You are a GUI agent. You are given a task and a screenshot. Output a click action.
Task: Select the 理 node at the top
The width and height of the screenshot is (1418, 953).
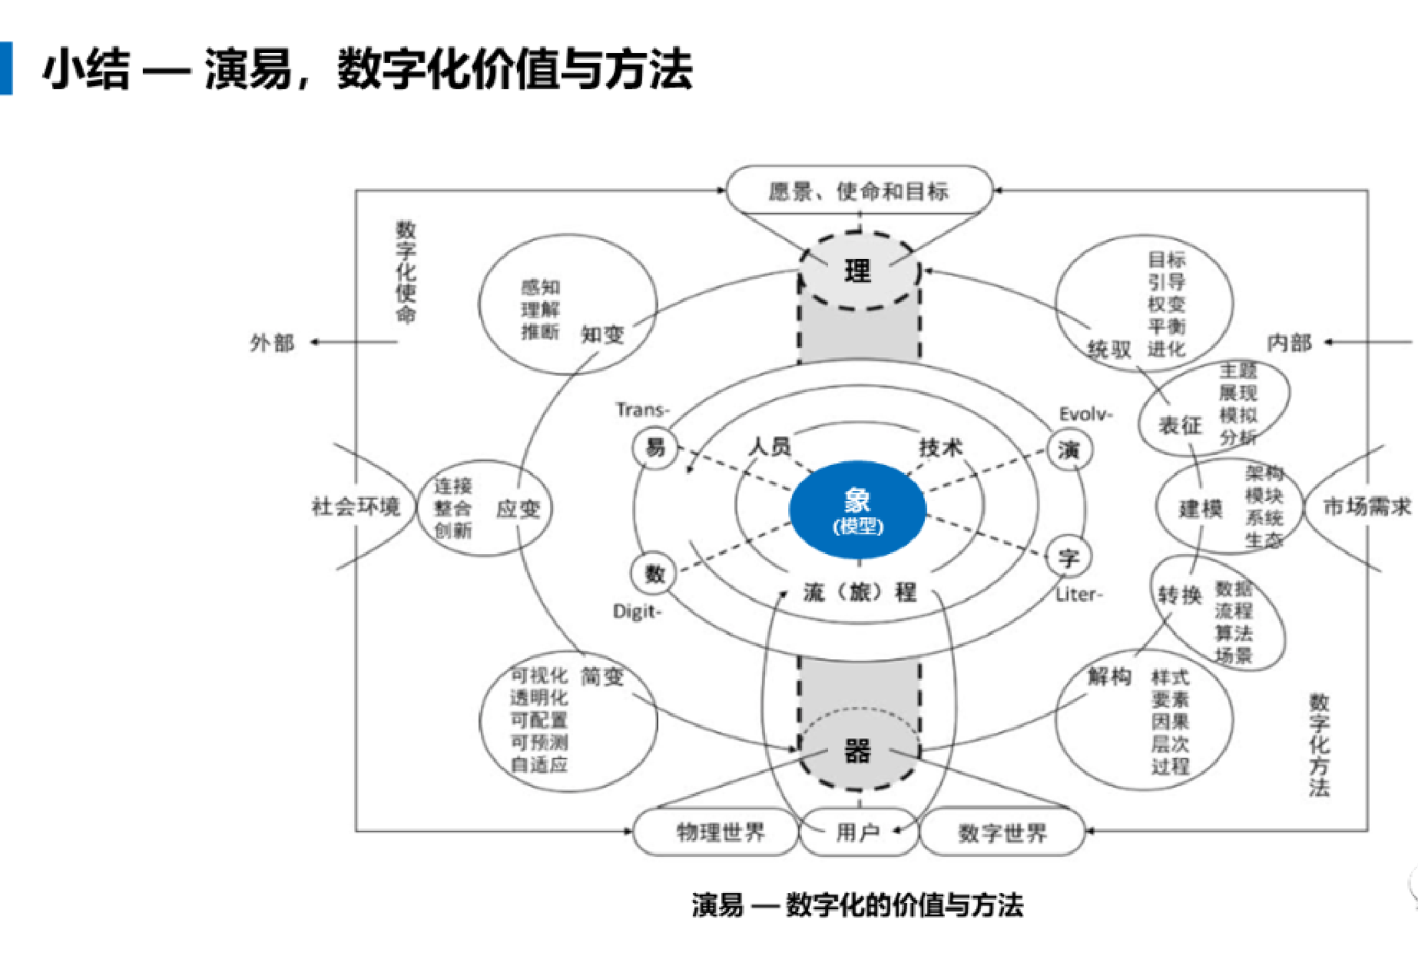858,271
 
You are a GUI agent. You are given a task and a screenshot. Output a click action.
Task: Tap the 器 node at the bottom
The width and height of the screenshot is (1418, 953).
858,751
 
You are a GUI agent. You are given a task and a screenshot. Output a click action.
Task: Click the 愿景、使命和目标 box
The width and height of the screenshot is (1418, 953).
859,191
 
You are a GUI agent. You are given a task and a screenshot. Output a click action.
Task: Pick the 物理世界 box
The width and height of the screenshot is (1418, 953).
720,832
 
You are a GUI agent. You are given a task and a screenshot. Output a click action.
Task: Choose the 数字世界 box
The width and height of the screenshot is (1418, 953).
1002,832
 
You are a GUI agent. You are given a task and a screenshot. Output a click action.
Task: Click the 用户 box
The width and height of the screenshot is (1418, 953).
858,832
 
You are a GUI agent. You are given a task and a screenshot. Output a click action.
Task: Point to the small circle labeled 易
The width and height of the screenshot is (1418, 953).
655,447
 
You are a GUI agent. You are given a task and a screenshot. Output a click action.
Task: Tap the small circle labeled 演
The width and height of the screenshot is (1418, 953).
1068,450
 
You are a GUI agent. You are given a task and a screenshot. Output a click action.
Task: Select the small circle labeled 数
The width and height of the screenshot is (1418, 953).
654,573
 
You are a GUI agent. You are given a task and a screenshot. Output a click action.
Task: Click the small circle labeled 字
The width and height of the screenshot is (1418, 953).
1068,557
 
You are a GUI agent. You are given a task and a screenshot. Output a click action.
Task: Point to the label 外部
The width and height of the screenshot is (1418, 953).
272,343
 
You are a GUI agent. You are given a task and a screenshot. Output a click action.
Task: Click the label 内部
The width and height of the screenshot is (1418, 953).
1289,343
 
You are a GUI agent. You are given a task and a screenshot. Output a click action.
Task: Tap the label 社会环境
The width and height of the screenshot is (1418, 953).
356,506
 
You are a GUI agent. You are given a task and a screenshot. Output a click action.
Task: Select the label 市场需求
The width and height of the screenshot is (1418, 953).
1367,506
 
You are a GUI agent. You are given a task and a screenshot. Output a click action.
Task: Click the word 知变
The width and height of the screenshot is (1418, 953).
602,335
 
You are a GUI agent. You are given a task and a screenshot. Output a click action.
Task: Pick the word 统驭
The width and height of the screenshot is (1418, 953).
1109,350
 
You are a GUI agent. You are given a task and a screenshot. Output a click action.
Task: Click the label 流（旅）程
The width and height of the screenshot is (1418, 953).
860,593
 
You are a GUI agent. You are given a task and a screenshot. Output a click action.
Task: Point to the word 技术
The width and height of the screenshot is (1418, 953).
940,447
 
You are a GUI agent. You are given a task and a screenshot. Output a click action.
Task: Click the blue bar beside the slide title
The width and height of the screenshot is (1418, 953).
6,68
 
